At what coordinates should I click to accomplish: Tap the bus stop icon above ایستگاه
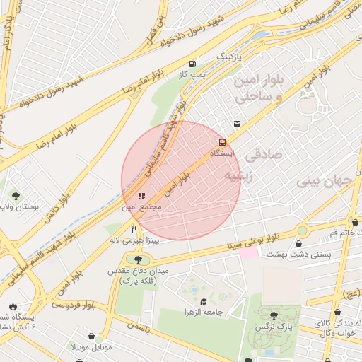pyautogui.click(x=222, y=142)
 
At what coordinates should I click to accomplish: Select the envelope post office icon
pyautogui.click(x=236, y=124)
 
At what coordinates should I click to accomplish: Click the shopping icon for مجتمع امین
pyautogui.click(x=141, y=196)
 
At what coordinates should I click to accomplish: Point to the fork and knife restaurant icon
pyautogui.click(x=134, y=229)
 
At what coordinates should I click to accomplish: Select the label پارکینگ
pyautogui.click(x=228, y=54)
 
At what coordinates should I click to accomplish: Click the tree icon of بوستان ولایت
pyautogui.click(x=14, y=195)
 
